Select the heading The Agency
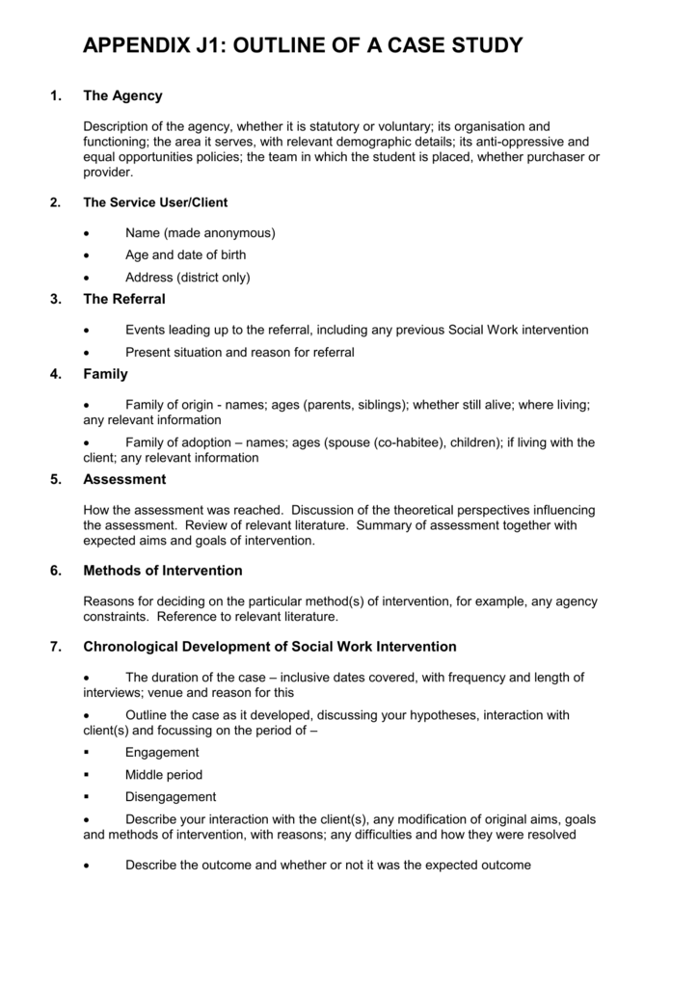tap(123, 95)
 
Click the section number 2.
tap(54, 202)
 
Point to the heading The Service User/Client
tap(155, 202)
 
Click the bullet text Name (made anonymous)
tap(200, 232)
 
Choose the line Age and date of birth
tap(185, 254)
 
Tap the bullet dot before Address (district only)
tap(88, 278)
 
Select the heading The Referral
tap(124, 299)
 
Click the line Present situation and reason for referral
tap(239, 352)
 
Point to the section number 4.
tap(54, 374)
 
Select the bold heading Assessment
tap(124, 479)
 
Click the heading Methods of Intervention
tap(163, 571)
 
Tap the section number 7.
tap(54, 646)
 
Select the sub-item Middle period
tap(163, 774)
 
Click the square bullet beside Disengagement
tap(88, 797)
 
